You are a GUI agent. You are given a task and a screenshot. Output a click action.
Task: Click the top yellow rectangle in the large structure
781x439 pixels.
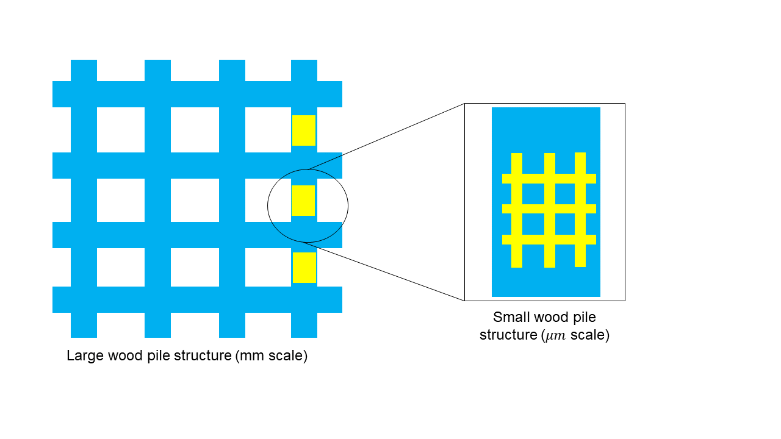coord(303,130)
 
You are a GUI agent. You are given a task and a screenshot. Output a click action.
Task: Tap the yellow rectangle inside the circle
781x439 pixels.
coord(303,201)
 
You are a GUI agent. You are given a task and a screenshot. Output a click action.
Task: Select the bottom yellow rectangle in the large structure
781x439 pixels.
coord(304,268)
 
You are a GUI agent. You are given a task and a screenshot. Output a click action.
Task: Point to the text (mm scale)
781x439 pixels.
coord(271,355)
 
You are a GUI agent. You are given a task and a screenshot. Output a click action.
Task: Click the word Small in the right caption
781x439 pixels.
coord(511,318)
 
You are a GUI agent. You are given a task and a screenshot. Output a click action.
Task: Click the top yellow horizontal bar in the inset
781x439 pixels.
coord(549,179)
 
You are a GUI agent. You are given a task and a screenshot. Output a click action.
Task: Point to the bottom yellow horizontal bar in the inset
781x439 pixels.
coord(549,240)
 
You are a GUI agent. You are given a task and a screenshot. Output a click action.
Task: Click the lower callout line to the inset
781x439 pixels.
coord(390,274)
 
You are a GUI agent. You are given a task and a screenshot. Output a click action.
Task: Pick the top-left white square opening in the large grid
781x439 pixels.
coord(121,130)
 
